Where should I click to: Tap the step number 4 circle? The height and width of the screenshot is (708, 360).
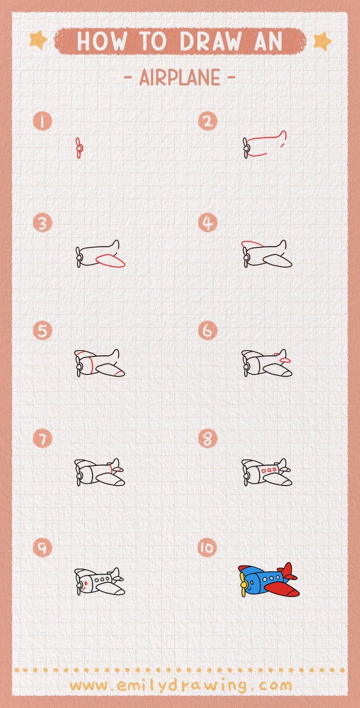pos(207,224)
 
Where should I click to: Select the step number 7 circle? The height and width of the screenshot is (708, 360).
pos(43,439)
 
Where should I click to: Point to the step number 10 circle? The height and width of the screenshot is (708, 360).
pos(207,548)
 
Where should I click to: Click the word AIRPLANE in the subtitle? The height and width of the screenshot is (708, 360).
pos(179,78)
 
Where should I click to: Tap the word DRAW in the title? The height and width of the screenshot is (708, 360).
pos(206,42)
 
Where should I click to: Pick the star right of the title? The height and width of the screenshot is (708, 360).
pos(322,41)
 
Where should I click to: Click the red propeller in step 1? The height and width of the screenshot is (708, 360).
pos(78,148)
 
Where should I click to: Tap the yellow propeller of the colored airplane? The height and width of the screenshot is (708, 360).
pos(244,582)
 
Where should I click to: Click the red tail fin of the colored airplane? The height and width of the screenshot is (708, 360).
pos(287,570)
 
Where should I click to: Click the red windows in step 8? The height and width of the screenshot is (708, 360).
pos(270,471)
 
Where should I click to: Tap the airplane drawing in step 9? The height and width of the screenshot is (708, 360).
pos(100,581)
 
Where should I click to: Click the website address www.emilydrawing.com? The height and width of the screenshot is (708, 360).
pos(180,685)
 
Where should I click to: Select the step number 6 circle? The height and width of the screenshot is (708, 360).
pos(207,331)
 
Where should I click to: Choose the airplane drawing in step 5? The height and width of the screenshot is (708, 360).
pos(100,364)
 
